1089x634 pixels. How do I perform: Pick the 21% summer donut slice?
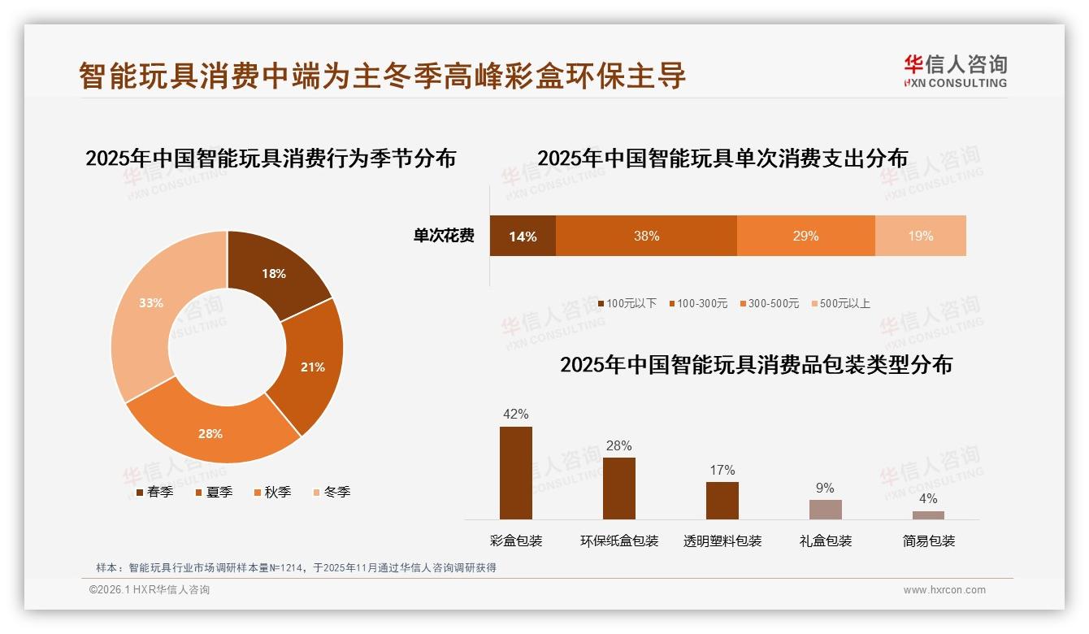pyautogui.click(x=312, y=367)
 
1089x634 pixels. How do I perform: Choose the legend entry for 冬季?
pyautogui.click(x=331, y=492)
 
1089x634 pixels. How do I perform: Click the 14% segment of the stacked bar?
pyautogui.click(x=523, y=237)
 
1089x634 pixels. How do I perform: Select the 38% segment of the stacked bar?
pyautogui.click(x=646, y=237)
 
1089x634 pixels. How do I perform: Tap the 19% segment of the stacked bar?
pyautogui.click(x=920, y=237)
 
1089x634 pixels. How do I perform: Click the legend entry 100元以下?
pyautogui.click(x=627, y=303)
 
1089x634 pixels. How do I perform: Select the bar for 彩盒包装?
pyautogui.click(x=516, y=473)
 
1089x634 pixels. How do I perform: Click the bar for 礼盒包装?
pyautogui.click(x=825, y=510)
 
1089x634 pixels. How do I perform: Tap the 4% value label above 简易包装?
pyautogui.click(x=928, y=498)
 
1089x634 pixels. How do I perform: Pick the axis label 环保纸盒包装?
pyautogui.click(x=619, y=541)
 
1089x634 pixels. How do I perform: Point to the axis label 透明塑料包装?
pyautogui.click(x=722, y=541)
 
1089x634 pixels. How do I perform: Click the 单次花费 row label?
pyautogui.click(x=444, y=237)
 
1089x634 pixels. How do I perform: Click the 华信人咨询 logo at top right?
pyautogui.click(x=955, y=72)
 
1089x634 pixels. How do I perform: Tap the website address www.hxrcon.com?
pyautogui.click(x=944, y=590)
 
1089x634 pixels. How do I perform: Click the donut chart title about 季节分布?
pyautogui.click(x=271, y=158)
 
